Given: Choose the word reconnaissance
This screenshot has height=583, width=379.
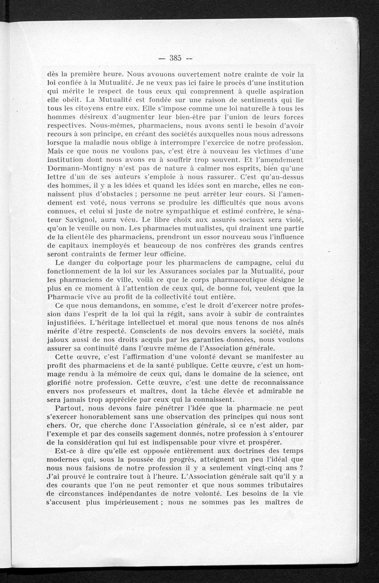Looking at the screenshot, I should (271, 381).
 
